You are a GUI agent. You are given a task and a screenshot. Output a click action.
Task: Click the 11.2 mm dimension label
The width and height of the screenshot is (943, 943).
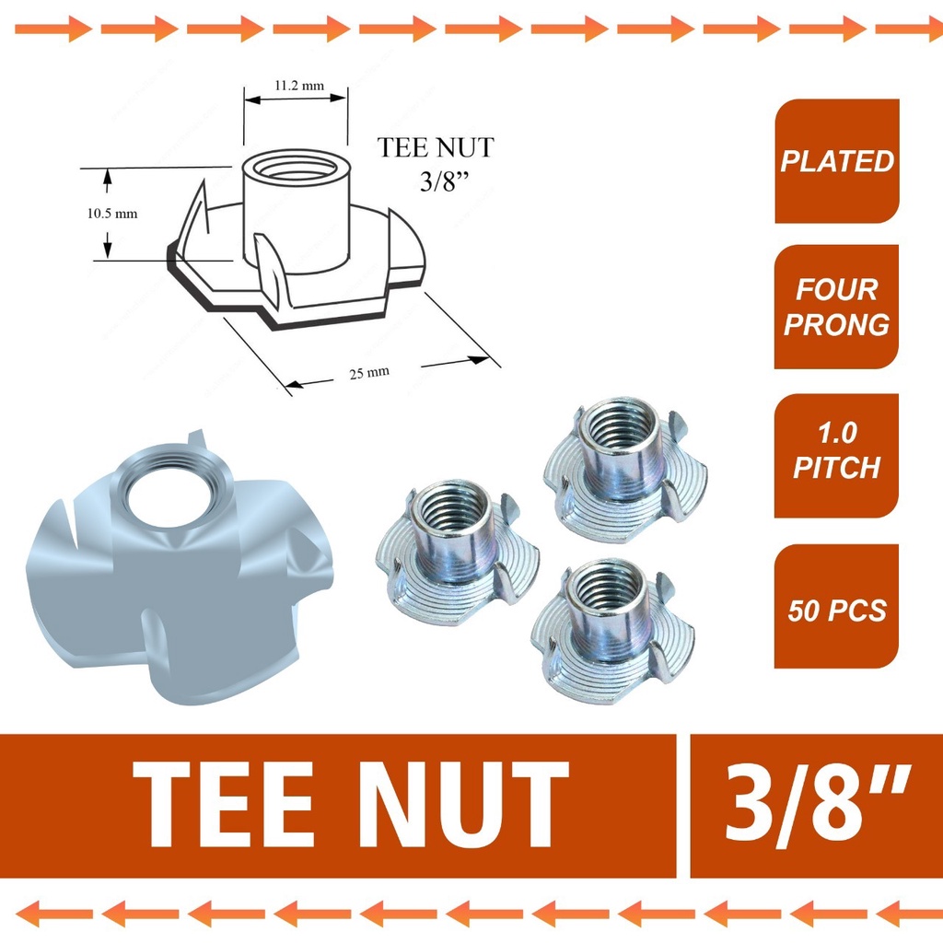click(298, 86)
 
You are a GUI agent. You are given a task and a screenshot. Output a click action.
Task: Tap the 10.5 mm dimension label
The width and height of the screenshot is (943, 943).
click(111, 213)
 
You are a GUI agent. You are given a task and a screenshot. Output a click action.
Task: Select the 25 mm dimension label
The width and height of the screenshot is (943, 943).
click(367, 372)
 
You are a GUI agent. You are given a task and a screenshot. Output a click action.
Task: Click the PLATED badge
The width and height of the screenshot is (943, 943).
click(836, 162)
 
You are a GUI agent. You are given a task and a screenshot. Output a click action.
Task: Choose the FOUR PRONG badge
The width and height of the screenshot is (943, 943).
click(836, 307)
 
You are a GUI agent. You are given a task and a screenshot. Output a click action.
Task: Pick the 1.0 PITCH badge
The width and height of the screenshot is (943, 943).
click(836, 451)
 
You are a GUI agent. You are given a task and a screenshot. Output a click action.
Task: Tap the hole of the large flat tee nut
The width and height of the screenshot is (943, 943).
click(169, 498)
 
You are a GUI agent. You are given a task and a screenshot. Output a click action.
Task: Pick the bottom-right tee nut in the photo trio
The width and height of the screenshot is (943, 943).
click(611, 631)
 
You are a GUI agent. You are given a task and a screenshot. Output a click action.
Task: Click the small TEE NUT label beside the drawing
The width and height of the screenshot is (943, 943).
click(436, 148)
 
